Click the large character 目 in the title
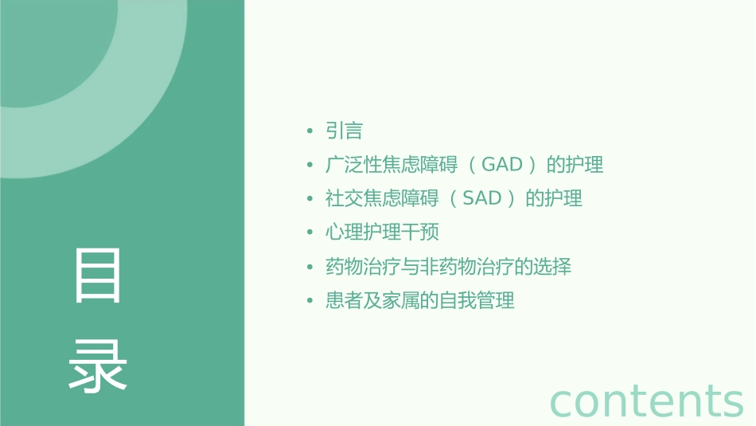coord(98,275)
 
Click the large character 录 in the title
coord(98,366)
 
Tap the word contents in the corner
coord(646,400)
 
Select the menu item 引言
coord(345,131)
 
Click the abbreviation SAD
coord(481,198)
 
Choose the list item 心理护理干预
coord(382,233)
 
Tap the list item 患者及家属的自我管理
coord(420,300)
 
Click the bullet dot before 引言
coord(310,131)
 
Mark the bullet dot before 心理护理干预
coord(310,233)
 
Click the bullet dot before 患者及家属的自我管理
coord(310,301)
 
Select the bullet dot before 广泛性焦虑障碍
coord(310,166)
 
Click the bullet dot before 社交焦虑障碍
coord(310,199)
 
